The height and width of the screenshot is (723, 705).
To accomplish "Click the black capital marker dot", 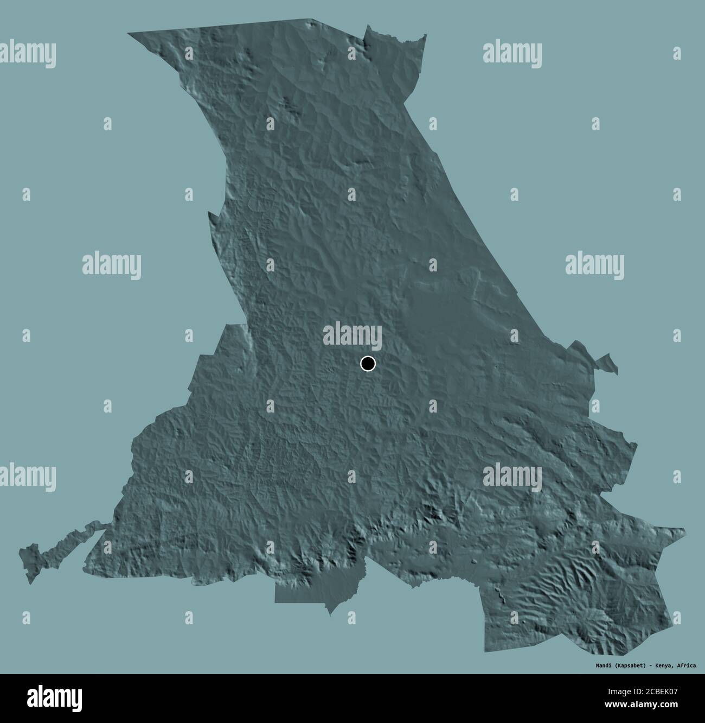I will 368,364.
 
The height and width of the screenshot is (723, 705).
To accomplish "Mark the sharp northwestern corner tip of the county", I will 130,34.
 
